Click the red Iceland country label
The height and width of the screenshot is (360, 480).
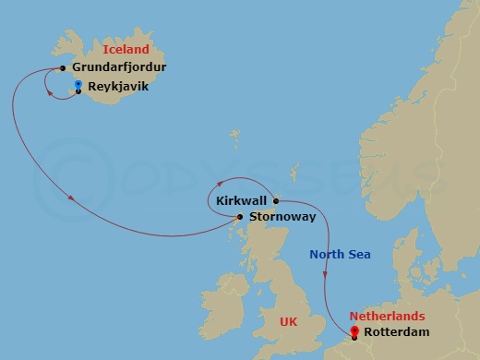[x=126, y=49]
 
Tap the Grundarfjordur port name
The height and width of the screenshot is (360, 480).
[x=119, y=67]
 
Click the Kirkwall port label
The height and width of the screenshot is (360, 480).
[x=242, y=199]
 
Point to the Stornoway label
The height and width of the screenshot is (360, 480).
[x=282, y=217]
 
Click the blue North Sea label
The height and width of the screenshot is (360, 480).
[x=340, y=254]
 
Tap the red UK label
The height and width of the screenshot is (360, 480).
[x=289, y=321]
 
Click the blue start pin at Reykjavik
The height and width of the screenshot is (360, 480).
[x=78, y=86]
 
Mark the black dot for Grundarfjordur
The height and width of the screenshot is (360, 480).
[x=62, y=67]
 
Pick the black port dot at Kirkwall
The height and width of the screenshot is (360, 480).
[x=275, y=199]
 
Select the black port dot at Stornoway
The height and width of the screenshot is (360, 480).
[x=241, y=218]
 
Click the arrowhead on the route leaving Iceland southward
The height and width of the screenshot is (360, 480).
[x=72, y=195]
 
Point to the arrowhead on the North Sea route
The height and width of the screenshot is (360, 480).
[x=326, y=272]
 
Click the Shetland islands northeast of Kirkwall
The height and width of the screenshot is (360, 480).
[x=294, y=172]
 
